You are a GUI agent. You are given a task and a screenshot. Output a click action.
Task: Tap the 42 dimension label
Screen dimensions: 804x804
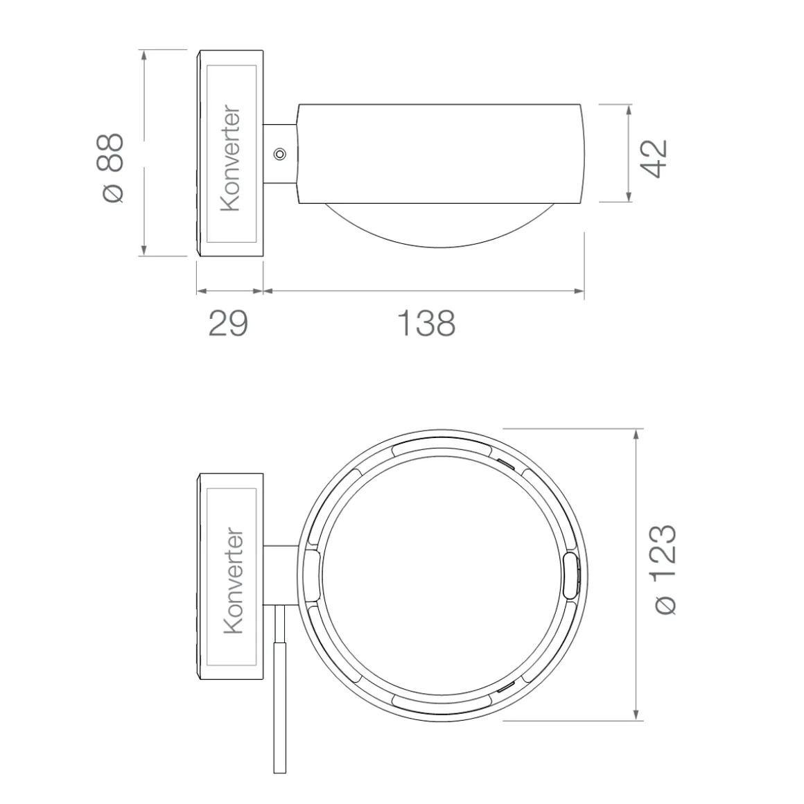[x=656, y=159]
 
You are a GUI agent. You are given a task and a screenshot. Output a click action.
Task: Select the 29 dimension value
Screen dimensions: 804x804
[x=228, y=323]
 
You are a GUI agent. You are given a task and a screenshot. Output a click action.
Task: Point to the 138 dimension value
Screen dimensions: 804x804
[x=427, y=323]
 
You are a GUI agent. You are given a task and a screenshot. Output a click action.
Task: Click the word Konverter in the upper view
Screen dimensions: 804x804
[x=230, y=158]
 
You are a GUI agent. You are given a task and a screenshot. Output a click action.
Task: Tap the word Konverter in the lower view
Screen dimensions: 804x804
[x=233, y=580]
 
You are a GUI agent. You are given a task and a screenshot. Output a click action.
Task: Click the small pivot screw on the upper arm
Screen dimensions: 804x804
[x=279, y=153]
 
